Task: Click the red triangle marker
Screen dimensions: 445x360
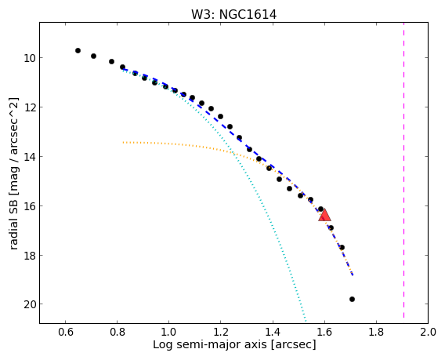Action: (x=324, y=215)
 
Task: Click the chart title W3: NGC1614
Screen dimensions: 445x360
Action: (x=233, y=14)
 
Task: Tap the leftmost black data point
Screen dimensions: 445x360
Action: (x=78, y=50)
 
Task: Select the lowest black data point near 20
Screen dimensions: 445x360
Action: (x=352, y=299)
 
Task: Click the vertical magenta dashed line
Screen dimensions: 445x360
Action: (x=403, y=170)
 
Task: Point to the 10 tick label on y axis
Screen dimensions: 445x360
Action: (x=29, y=58)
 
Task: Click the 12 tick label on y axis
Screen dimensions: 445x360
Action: (x=29, y=107)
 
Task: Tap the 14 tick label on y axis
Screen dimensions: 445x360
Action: (x=29, y=157)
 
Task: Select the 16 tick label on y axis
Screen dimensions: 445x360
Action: (x=29, y=205)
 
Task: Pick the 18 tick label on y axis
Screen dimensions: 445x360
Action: (x=29, y=255)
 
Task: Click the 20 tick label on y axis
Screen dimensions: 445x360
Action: (x=29, y=304)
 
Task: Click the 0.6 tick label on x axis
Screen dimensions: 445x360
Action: (x=66, y=332)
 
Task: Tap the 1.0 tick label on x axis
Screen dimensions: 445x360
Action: (x=169, y=332)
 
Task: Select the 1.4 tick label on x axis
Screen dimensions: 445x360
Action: (x=273, y=332)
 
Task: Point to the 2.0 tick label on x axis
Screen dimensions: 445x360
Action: (x=428, y=332)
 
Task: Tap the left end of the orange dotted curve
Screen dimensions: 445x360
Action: (x=123, y=142)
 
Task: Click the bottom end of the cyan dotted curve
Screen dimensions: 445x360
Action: (x=306, y=321)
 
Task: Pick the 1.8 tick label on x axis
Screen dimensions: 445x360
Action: (x=376, y=332)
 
